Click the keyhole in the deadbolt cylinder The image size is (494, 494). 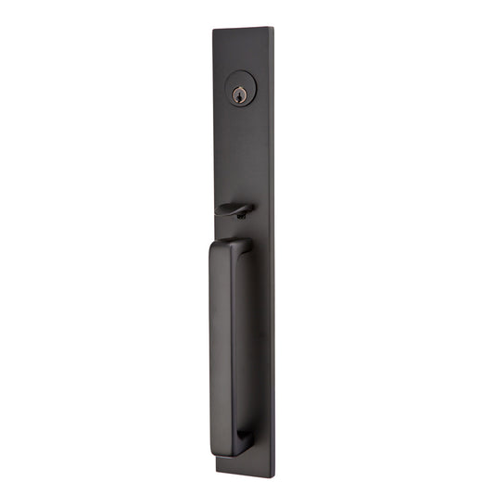(x=240, y=94)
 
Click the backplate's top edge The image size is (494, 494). (x=243, y=29)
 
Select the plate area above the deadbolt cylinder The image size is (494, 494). (x=243, y=51)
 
